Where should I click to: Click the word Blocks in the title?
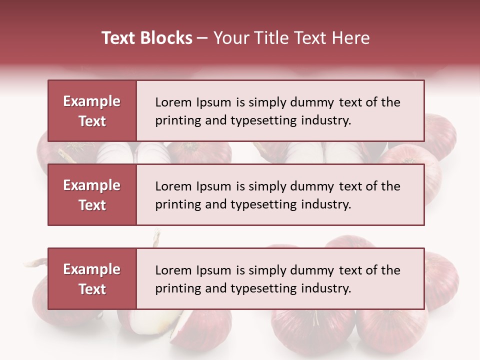(167, 38)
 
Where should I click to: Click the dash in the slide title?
(202, 38)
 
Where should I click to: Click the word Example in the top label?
(92, 101)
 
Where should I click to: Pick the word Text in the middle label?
(92, 205)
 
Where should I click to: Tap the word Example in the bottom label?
(92, 269)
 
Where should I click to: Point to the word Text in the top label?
(92, 121)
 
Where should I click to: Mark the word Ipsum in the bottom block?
(212, 270)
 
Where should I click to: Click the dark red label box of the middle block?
(92, 195)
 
